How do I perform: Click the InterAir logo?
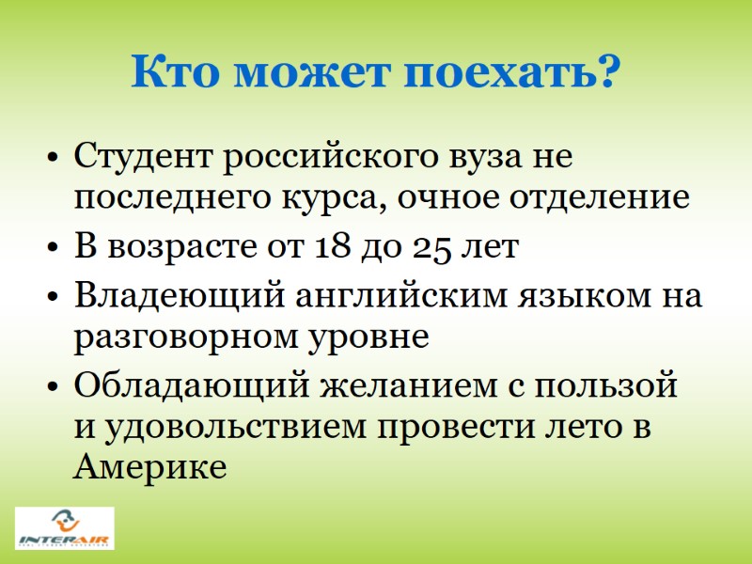65,528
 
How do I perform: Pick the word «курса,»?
333,199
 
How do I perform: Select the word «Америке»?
149,467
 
